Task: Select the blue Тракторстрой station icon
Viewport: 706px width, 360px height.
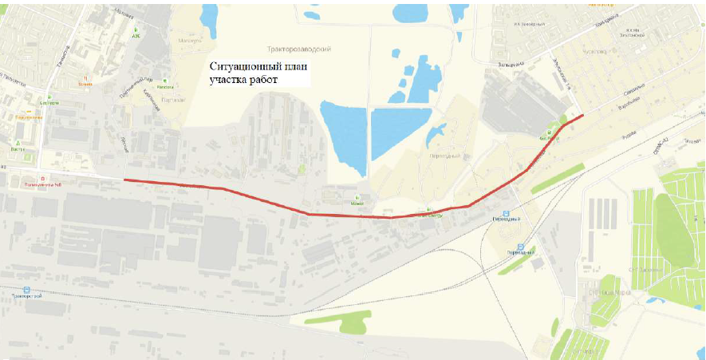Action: [x=26, y=291]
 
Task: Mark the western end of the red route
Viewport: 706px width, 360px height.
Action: [x=124, y=180]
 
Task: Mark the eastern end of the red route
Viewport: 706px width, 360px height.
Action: [x=583, y=115]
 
